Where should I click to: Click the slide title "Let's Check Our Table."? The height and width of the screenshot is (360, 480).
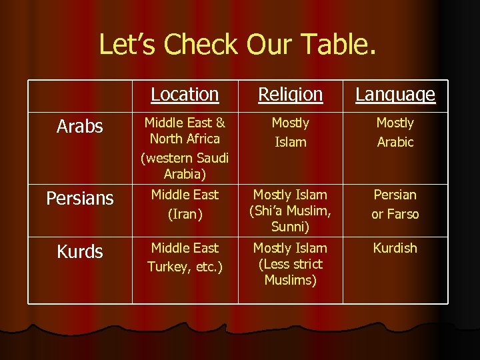[x=237, y=45]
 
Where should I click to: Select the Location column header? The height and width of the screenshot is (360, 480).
[x=185, y=95]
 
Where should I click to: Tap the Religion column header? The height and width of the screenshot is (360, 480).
[x=291, y=95]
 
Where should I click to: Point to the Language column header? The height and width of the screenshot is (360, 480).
[x=395, y=95]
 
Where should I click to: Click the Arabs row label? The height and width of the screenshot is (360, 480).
[x=80, y=126]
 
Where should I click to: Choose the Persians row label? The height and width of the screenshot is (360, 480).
[x=80, y=198]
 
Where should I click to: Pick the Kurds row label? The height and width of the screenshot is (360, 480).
[x=80, y=251]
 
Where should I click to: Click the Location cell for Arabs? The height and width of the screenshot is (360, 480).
[x=185, y=148]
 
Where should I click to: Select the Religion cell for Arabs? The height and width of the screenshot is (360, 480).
[x=291, y=132]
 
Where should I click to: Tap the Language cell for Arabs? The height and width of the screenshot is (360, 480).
[x=395, y=132]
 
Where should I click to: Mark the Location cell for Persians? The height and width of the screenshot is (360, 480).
[x=185, y=204]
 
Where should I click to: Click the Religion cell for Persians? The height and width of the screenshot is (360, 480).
[x=291, y=211]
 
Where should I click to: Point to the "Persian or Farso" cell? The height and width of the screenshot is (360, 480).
[x=395, y=204]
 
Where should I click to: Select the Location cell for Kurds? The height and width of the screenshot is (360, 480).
[x=185, y=257]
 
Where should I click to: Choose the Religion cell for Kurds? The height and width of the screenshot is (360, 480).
[x=291, y=263]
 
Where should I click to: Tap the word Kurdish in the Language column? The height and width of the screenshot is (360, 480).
[x=395, y=248]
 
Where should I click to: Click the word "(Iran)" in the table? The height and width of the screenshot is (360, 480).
[x=185, y=214]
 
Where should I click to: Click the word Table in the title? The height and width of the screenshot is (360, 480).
[x=336, y=45]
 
